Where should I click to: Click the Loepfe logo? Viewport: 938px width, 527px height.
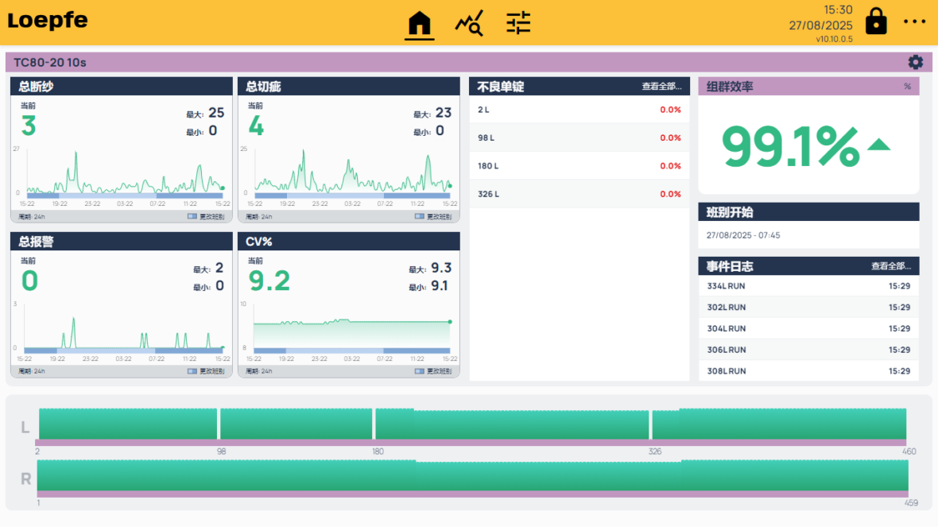(x=48, y=21)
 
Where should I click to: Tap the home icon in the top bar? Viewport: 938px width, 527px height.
(x=420, y=24)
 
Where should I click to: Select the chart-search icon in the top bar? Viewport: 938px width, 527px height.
(x=469, y=24)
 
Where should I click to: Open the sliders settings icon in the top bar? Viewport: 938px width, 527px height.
(x=518, y=23)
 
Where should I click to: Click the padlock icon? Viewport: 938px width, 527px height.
(x=876, y=21)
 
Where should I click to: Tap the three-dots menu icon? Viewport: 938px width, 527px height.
(x=915, y=22)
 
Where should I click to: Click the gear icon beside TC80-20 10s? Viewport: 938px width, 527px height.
(x=916, y=62)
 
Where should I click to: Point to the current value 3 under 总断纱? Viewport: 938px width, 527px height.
(x=29, y=126)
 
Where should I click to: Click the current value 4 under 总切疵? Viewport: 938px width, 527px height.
(x=256, y=126)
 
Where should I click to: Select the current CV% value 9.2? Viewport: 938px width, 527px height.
(x=269, y=281)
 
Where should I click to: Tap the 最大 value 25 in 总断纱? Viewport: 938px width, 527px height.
(x=216, y=113)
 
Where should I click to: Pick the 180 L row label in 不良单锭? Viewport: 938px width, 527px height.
(x=488, y=166)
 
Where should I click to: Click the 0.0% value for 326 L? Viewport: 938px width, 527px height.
(x=670, y=194)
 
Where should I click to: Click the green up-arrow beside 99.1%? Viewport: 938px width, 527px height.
(x=878, y=145)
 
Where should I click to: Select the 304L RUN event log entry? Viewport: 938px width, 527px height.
(x=727, y=328)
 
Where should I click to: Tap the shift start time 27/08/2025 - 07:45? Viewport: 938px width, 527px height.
(x=743, y=235)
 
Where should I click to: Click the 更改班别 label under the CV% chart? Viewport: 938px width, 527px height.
(x=439, y=371)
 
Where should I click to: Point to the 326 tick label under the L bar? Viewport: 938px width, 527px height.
(x=655, y=451)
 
